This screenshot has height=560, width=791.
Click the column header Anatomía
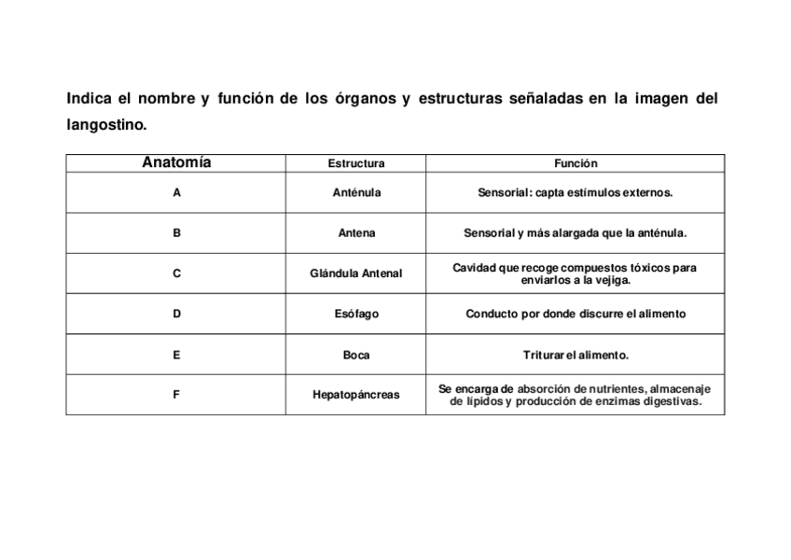coord(176,162)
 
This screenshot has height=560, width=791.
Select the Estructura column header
coord(355,163)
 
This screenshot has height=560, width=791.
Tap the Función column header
coord(576,163)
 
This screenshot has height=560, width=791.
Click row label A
coord(176,192)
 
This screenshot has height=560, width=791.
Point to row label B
coord(176,233)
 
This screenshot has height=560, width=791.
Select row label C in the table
coord(176,273)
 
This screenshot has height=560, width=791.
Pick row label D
coord(176,314)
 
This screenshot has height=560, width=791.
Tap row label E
coord(176,355)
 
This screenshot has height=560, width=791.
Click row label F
coord(176,395)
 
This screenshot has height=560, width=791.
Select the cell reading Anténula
coord(355,192)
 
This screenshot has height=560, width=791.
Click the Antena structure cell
coord(355,233)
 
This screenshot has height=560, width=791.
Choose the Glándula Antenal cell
coord(355,273)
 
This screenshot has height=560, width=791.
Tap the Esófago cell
coord(355,314)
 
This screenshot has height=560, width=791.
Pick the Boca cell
coord(355,355)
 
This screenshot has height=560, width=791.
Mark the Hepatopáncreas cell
coord(355,395)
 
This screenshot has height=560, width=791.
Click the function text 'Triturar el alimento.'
coord(576,355)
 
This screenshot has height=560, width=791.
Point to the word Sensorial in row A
coord(504,192)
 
